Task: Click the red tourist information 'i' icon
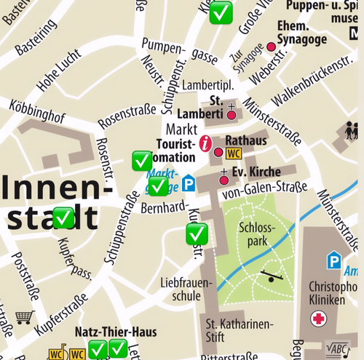click(x=206, y=143)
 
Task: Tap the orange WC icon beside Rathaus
click(x=234, y=153)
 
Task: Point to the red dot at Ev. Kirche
click(x=224, y=180)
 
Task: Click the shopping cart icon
click(x=25, y=317)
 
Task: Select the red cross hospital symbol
click(x=318, y=318)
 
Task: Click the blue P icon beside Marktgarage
click(x=189, y=183)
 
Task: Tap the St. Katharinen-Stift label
click(x=238, y=329)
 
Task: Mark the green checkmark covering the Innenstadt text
click(x=63, y=217)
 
